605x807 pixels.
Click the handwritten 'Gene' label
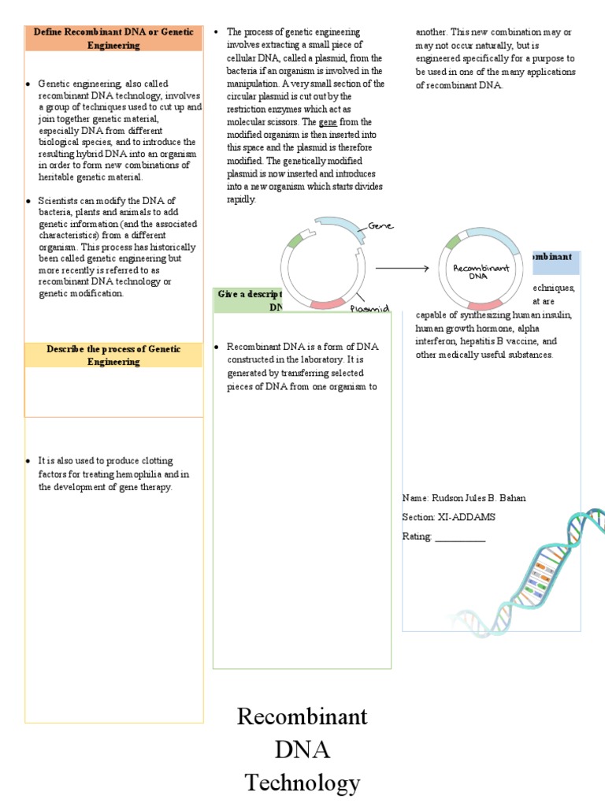(379, 226)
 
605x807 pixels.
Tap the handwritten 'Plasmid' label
(369, 310)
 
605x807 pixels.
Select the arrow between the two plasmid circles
(402, 269)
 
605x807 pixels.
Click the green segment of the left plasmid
(295, 240)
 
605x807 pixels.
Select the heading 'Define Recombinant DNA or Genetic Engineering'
(113, 39)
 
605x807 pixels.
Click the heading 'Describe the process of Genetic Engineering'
(113, 355)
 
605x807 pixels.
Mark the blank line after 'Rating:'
(460, 537)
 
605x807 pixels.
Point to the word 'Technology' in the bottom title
(302, 783)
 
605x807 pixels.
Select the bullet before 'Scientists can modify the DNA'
(28, 201)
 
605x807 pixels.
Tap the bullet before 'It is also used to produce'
(28, 461)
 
